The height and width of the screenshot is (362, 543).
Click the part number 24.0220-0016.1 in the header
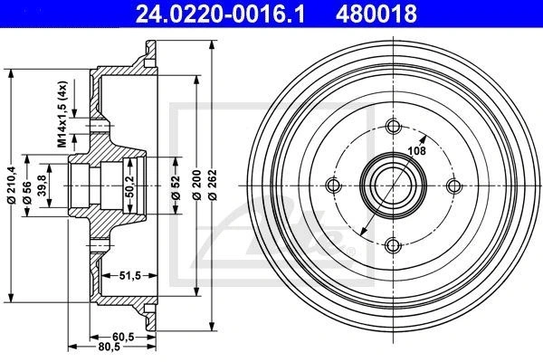(220, 14)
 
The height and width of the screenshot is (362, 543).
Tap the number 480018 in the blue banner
(376, 14)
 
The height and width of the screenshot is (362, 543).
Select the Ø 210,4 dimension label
(12, 185)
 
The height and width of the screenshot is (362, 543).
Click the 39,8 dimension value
(43, 186)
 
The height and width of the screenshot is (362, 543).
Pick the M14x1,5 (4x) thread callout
(62, 114)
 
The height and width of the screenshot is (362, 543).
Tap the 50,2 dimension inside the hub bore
(129, 186)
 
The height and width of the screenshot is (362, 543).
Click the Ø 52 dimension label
(176, 187)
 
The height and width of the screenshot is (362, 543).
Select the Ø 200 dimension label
(196, 185)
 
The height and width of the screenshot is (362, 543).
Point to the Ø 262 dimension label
(213, 185)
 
